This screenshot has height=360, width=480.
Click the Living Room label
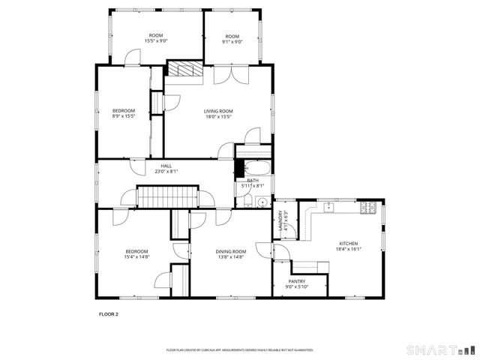click(x=218, y=111)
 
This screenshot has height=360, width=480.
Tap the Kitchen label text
click(x=348, y=244)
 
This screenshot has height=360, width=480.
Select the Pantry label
click(x=296, y=282)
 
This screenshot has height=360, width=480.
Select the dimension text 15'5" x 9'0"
click(x=156, y=42)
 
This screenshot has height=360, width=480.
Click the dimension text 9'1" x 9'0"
click(x=232, y=42)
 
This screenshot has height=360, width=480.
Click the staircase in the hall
click(x=166, y=198)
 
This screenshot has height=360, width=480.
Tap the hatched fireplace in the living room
click(x=181, y=70)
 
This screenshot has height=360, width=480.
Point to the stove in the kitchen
click(x=370, y=208)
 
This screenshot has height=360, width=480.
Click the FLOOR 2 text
click(x=109, y=314)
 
